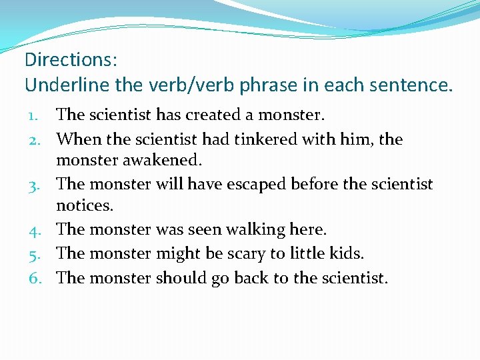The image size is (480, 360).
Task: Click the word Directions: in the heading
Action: click(71, 60)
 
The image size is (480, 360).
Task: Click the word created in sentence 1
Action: click(213, 115)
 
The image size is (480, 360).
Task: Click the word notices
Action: click(85, 205)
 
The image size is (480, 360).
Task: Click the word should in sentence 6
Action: click(182, 277)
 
